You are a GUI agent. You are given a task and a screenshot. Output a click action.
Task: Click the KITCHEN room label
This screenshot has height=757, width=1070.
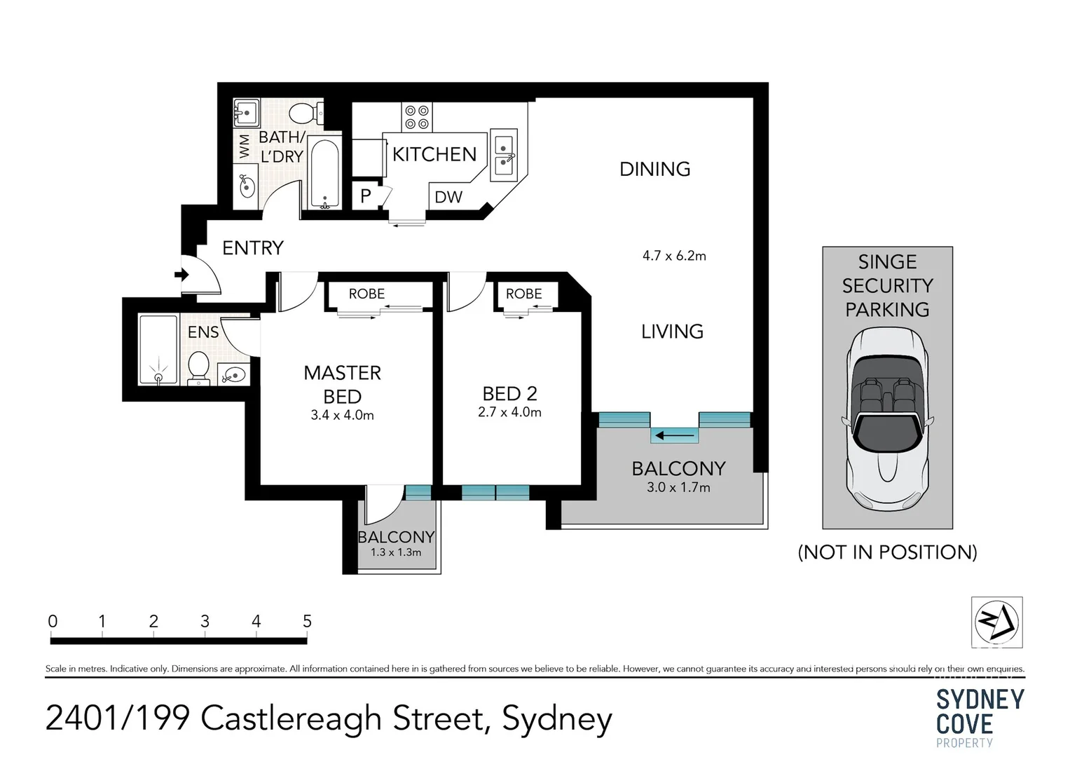click(x=434, y=154)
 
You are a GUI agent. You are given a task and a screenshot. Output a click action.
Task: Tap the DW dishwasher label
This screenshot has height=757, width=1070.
click(x=448, y=197)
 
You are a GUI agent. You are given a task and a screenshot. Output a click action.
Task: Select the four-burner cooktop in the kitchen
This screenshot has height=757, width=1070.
click(x=417, y=117)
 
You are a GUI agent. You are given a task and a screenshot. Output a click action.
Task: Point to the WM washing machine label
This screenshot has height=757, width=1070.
click(x=244, y=146)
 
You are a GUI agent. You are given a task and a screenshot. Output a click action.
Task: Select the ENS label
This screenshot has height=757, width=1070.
click(x=203, y=332)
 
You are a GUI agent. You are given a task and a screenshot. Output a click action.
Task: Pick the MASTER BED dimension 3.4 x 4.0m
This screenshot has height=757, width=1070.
click(x=342, y=416)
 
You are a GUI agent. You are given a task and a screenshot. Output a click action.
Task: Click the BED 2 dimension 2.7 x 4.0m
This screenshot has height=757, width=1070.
click(x=509, y=413)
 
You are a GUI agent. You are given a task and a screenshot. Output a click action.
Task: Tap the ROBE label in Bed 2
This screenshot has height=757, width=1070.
click(x=524, y=294)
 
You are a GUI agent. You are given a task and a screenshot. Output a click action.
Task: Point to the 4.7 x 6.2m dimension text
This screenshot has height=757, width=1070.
click(x=674, y=256)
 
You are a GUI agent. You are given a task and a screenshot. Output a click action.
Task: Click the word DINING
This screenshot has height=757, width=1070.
click(x=655, y=169)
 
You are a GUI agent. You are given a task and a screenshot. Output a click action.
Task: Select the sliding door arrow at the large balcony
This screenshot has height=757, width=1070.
click(x=675, y=436)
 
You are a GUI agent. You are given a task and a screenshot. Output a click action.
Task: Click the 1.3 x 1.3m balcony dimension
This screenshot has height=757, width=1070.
click(x=396, y=552)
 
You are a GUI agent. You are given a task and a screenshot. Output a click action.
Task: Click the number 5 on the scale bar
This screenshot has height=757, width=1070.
click(x=307, y=621)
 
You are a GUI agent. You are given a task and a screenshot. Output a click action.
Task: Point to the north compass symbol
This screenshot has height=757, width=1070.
click(x=996, y=622)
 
